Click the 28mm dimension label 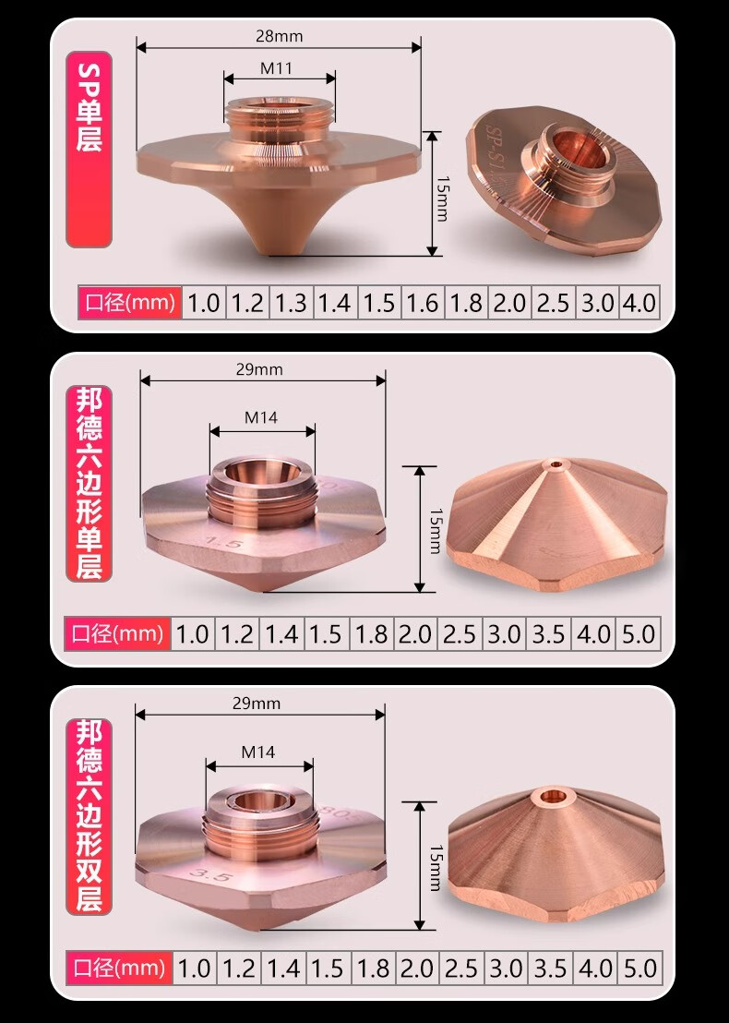coord(279,37)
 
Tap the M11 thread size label coord(277,68)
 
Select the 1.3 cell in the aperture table coord(291,303)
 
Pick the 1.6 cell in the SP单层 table coord(423,303)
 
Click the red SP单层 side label coord(90,150)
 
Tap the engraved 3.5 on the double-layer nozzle coord(209,875)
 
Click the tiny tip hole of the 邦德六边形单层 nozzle coord(556,465)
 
